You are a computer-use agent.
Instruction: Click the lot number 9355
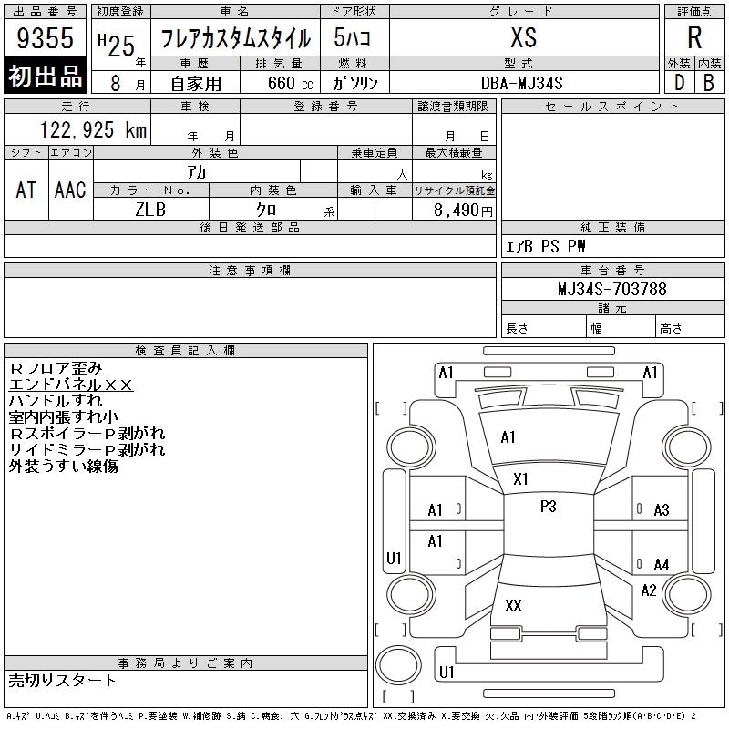point(45,37)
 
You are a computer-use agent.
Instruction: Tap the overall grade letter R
point(694,37)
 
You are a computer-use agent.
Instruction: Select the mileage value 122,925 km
point(93,130)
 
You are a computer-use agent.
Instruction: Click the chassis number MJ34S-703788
point(612,289)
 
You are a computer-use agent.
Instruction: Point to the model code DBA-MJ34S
point(521,83)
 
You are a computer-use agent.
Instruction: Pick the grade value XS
point(523,37)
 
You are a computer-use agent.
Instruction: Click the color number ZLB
point(150,210)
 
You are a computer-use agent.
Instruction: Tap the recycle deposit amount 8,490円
point(463,210)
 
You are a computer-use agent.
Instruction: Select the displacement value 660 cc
point(290,83)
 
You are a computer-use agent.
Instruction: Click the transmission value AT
point(26,190)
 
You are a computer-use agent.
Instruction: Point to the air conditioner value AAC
point(70,190)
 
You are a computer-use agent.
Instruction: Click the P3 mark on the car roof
point(549,507)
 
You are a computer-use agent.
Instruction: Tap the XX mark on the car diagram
point(513,605)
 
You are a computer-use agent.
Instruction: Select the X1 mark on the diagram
point(520,479)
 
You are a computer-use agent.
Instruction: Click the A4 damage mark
point(662,565)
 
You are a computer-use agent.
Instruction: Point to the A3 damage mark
point(662,510)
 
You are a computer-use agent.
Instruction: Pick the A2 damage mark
point(649,590)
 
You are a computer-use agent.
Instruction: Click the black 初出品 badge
point(45,76)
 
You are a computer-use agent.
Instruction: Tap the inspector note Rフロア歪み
point(56,369)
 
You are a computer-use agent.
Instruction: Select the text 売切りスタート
point(62,681)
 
